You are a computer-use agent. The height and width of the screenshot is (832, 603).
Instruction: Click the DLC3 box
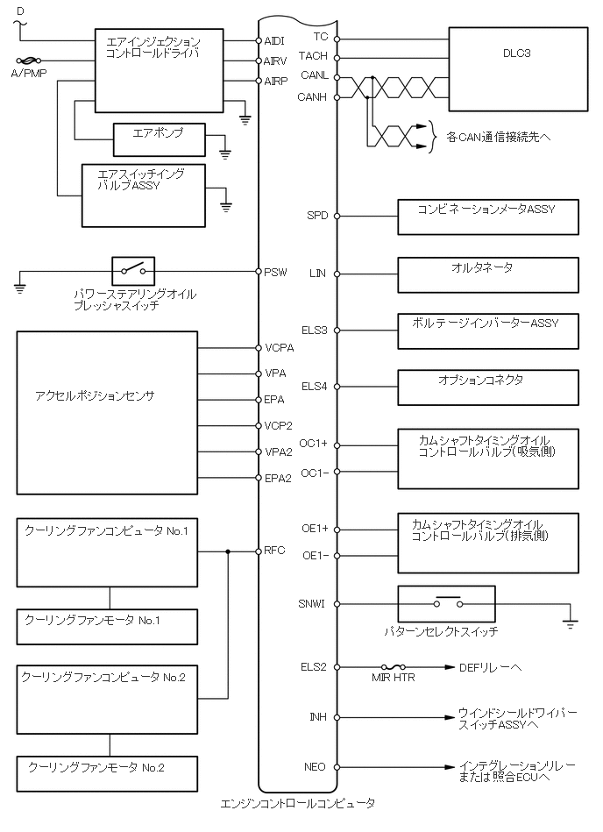pyautogui.click(x=517, y=69)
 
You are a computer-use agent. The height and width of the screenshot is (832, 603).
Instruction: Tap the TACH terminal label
pyautogui.click(x=313, y=56)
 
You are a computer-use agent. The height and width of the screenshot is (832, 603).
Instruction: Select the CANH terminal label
pyautogui.click(x=313, y=96)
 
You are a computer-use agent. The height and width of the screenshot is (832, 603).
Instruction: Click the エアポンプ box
pyautogui.click(x=159, y=139)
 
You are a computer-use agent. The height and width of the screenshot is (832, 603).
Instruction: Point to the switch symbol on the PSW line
pyautogui.click(x=133, y=271)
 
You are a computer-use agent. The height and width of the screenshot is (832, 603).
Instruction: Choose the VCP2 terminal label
pyautogui.click(x=279, y=425)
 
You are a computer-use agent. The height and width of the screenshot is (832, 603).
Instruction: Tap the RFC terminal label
pyautogui.click(x=275, y=551)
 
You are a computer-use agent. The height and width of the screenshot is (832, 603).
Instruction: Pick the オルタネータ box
pyautogui.click(x=488, y=274)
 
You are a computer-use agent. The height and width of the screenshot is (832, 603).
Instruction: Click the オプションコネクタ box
pyautogui.click(x=488, y=387)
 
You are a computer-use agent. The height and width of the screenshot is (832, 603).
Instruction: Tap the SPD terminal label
pyautogui.click(x=317, y=216)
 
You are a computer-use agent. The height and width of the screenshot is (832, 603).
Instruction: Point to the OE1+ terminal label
pyautogui.click(x=315, y=529)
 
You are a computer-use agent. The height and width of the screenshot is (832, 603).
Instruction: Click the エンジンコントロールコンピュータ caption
pyautogui.click(x=298, y=803)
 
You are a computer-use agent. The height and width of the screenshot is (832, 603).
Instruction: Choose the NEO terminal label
pyautogui.click(x=316, y=767)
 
